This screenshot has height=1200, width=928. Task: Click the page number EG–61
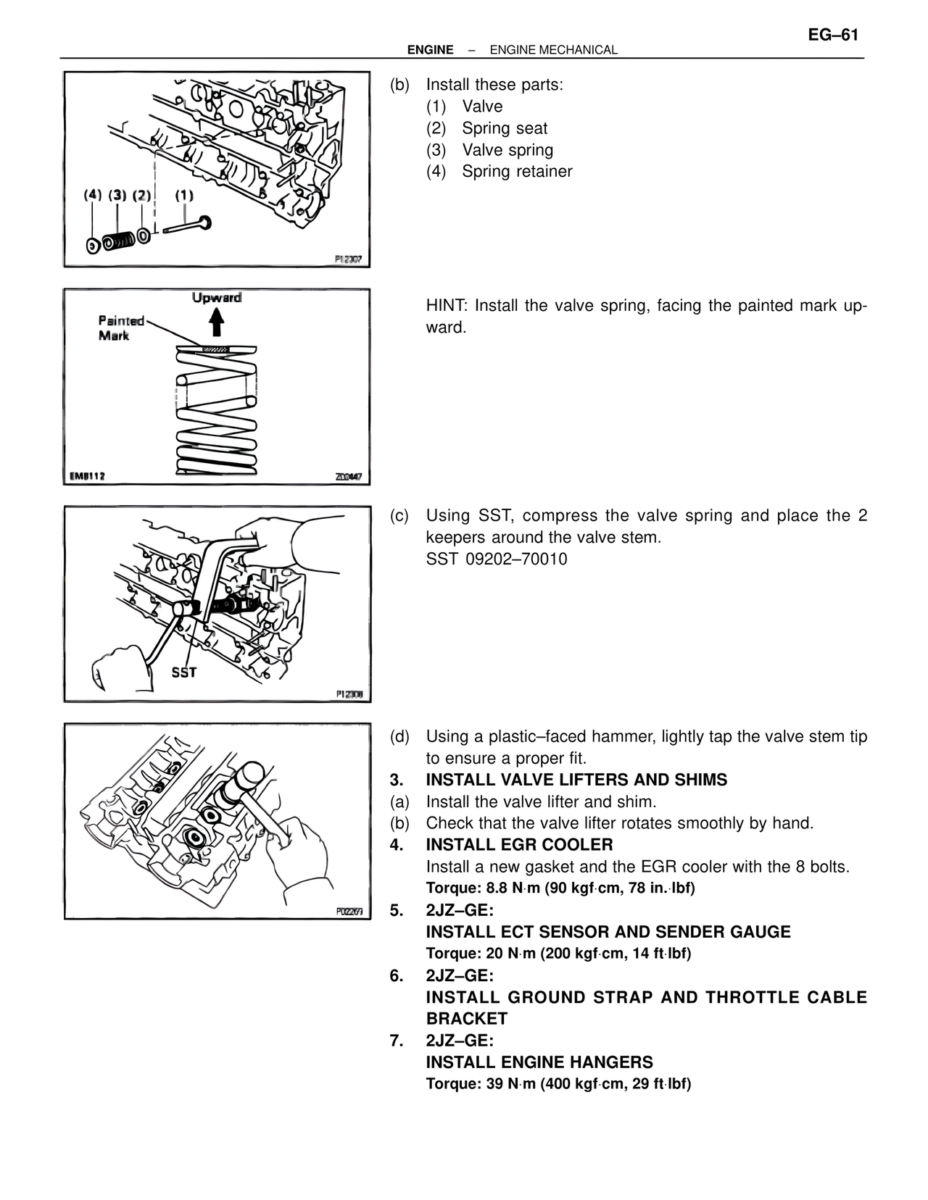click(833, 35)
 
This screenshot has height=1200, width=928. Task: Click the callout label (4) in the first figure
click(93, 195)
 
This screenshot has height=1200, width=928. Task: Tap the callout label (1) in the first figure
click(184, 195)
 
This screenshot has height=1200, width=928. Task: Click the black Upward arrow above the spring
click(216, 322)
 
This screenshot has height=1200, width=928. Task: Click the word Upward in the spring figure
click(217, 298)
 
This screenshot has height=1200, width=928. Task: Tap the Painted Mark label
click(121, 328)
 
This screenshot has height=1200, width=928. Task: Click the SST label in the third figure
click(183, 672)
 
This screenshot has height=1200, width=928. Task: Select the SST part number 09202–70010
click(497, 559)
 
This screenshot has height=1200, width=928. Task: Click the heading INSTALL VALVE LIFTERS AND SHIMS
click(576, 780)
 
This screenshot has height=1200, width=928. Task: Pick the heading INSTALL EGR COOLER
click(519, 845)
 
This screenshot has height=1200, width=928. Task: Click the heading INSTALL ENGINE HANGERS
click(539, 1062)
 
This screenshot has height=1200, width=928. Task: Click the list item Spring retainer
click(517, 172)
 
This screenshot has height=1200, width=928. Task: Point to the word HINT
click(445, 306)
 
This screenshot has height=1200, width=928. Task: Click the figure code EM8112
click(88, 476)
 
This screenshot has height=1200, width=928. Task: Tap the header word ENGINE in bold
click(430, 50)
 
